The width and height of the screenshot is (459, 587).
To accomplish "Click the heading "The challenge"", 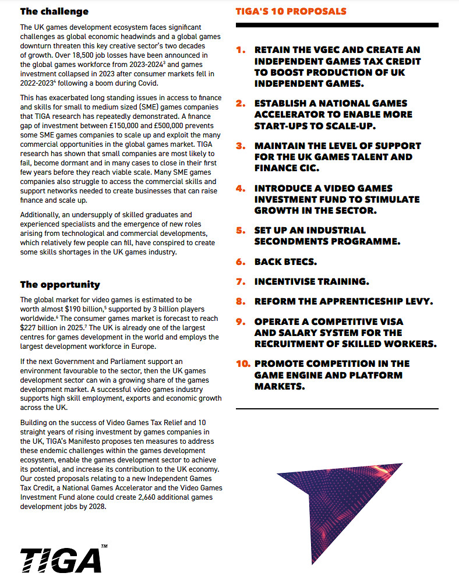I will tap(54, 11).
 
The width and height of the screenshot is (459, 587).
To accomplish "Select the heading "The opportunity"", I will tap(60, 285).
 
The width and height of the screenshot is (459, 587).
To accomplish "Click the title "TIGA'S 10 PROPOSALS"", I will tap(291, 12).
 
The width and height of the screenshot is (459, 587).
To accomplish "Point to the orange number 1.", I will tap(241, 50).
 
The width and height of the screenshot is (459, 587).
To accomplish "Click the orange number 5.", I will tap(241, 230).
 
